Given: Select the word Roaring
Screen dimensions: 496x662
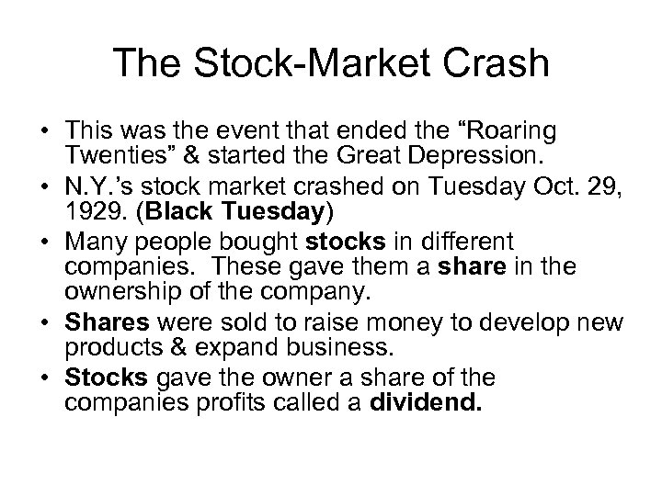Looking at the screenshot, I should click(x=494, y=129).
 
